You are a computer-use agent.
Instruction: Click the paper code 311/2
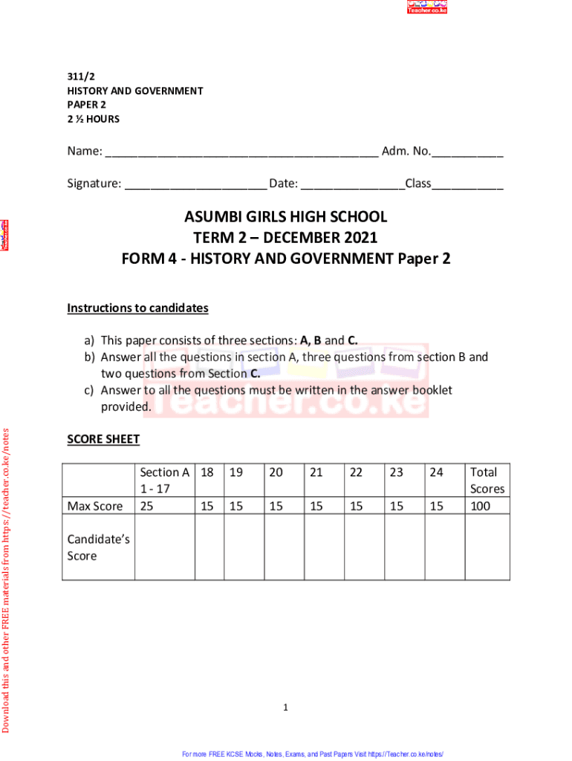(x=80, y=77)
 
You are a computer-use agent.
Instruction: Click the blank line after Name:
(x=241, y=153)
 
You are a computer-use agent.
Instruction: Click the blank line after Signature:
(x=195, y=184)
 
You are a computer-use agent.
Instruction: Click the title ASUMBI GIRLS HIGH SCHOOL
(x=286, y=217)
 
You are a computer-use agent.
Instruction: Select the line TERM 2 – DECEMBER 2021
(x=286, y=238)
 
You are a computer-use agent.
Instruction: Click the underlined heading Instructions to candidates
(x=137, y=308)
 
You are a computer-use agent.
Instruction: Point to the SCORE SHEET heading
(x=103, y=439)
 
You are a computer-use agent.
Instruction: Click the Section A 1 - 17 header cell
(x=164, y=480)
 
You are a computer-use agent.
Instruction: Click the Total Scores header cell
(x=487, y=480)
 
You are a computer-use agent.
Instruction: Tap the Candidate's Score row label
(x=98, y=547)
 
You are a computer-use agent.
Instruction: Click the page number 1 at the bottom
(x=285, y=707)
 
